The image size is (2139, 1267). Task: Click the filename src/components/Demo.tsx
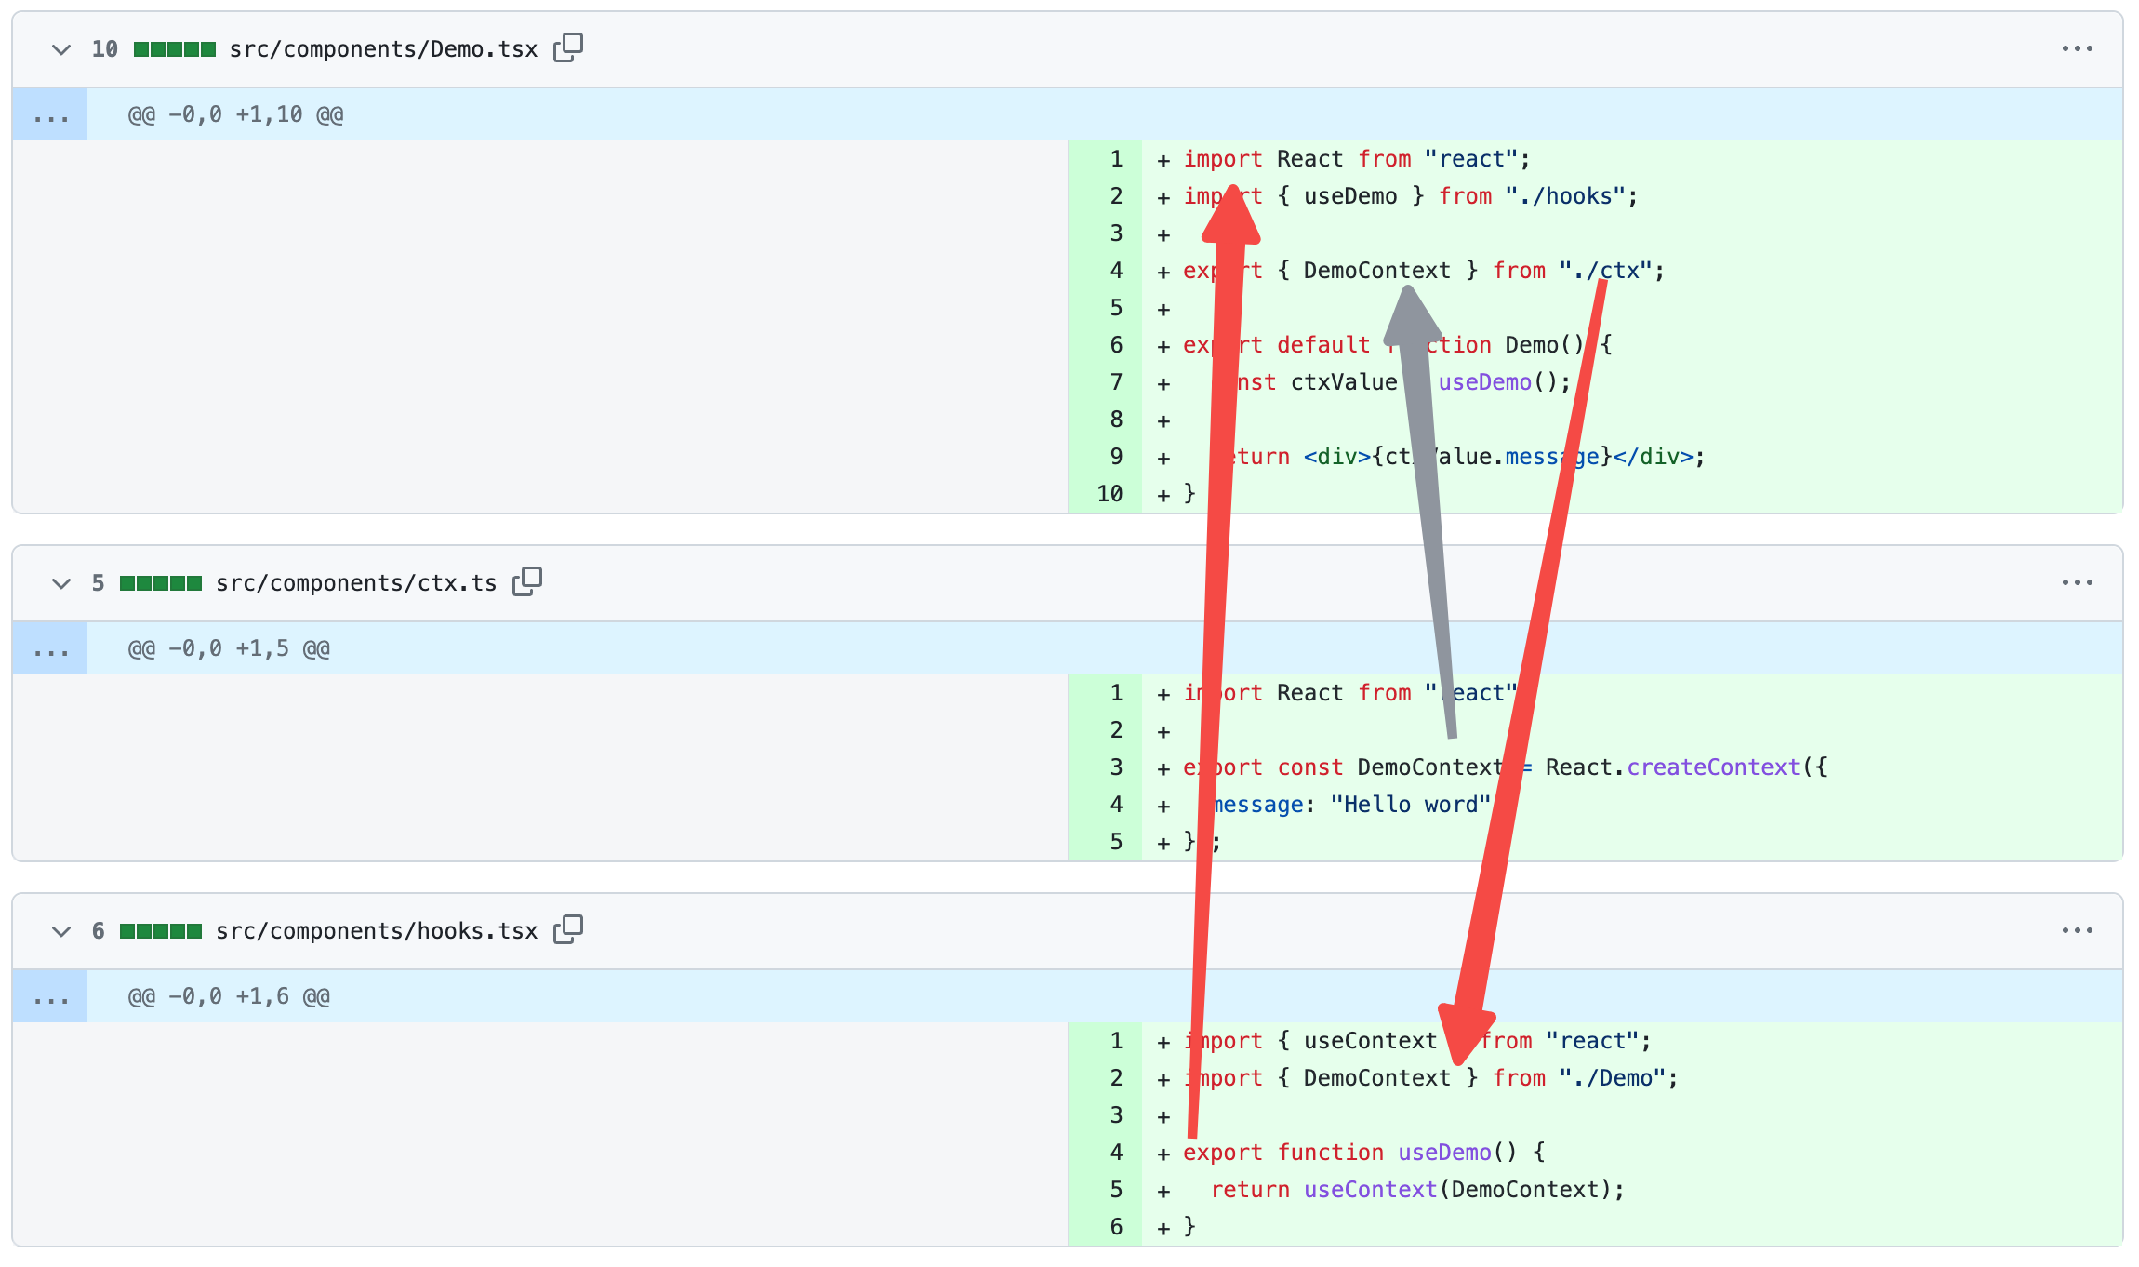tap(383, 49)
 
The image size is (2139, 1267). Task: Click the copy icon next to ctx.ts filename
tap(527, 581)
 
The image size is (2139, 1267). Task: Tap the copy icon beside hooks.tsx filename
tap(568, 929)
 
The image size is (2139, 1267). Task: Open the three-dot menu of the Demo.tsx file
tap(2077, 48)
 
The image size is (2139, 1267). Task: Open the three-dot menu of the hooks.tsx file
tap(2077, 930)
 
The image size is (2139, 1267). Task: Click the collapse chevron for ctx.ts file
tap(61, 583)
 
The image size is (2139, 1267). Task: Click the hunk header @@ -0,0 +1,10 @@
tap(235, 114)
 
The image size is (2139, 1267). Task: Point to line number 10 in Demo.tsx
tap(1109, 494)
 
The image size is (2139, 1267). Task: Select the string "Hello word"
tap(1410, 805)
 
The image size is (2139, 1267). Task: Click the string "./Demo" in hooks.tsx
tap(1618, 1078)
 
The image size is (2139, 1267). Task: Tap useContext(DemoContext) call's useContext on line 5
tap(1370, 1190)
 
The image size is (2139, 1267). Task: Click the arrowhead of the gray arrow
tap(1410, 312)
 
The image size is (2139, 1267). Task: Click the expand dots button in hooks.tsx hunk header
tap(50, 997)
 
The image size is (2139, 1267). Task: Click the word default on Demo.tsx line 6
tap(1322, 345)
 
